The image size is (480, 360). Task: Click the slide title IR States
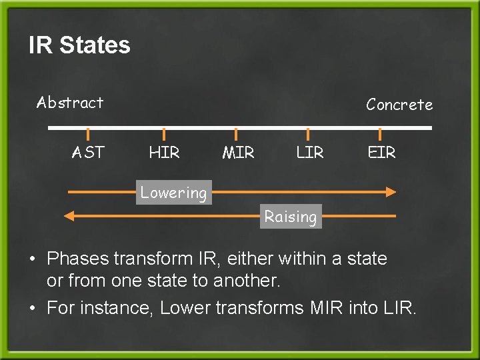79,45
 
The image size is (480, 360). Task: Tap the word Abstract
70,103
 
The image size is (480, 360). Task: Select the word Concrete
399,105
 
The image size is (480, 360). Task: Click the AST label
89,153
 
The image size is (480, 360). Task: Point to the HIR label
164,153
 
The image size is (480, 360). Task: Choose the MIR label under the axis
238,153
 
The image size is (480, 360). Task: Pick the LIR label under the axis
309,153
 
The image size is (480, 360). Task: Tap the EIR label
381,153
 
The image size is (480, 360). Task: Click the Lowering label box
173,193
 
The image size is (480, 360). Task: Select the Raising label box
290,217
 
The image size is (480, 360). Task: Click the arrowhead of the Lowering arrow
391,192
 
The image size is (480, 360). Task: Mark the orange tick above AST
88,135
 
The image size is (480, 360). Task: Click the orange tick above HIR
164,135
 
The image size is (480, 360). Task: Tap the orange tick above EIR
381,135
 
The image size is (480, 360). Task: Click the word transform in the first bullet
150,258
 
